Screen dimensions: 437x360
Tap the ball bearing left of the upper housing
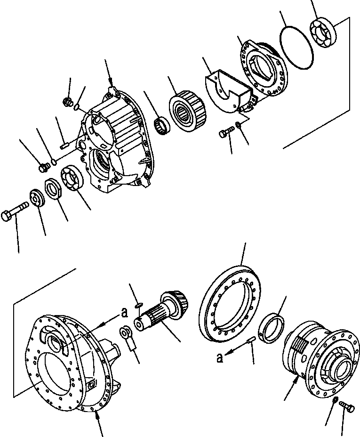click(72, 178)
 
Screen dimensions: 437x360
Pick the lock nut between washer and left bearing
click(54, 190)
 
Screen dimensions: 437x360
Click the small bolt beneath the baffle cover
click(224, 133)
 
